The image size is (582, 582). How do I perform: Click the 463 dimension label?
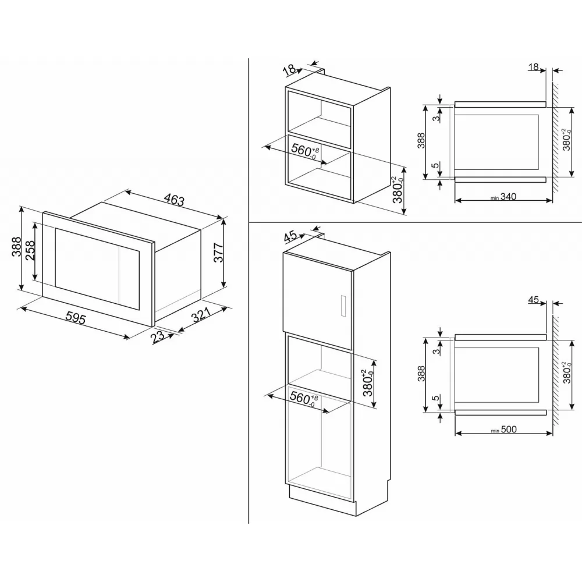174,200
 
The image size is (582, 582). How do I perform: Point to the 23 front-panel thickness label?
158,337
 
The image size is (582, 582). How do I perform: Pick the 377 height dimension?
219,253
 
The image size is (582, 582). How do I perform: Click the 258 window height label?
30,251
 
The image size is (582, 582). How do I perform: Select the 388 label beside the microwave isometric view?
16,246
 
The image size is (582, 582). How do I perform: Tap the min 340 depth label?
503,197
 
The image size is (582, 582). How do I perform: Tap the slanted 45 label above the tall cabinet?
290,236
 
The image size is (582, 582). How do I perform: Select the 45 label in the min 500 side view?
533,300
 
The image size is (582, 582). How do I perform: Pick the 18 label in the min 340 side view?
533,67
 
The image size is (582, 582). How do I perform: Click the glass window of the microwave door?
97,268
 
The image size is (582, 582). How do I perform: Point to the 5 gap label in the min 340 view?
436,165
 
